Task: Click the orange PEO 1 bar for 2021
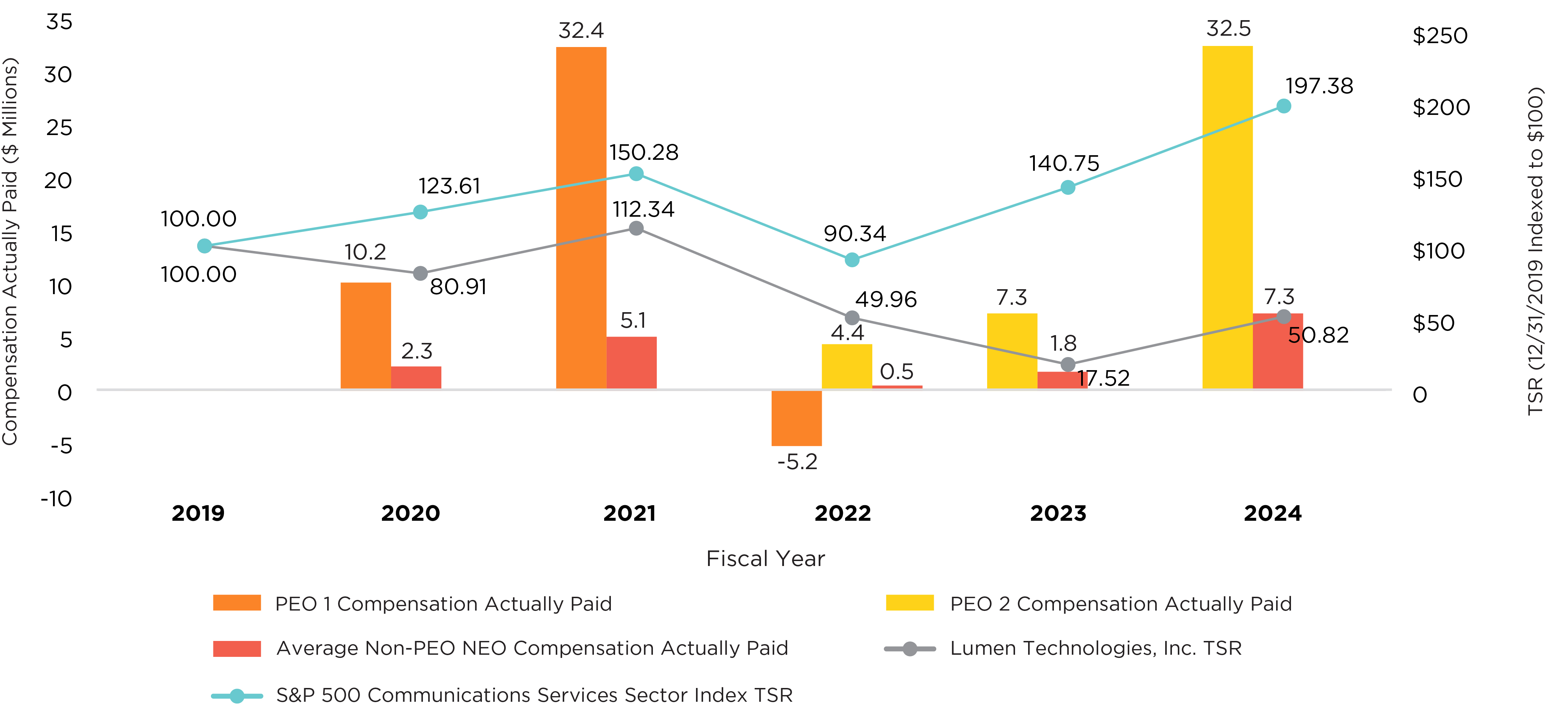coord(581,217)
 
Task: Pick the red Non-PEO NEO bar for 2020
coord(416,377)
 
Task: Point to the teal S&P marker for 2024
coord(1284,106)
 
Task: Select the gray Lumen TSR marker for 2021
coord(636,228)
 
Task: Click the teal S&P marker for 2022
coord(852,259)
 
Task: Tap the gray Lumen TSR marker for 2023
coord(1068,364)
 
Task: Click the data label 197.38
coord(1319,86)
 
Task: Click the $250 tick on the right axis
coord(1440,36)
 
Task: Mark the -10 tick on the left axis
coord(57,499)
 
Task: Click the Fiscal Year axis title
coord(765,559)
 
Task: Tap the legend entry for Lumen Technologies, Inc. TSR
coord(1095,648)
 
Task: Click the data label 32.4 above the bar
coord(581,30)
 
